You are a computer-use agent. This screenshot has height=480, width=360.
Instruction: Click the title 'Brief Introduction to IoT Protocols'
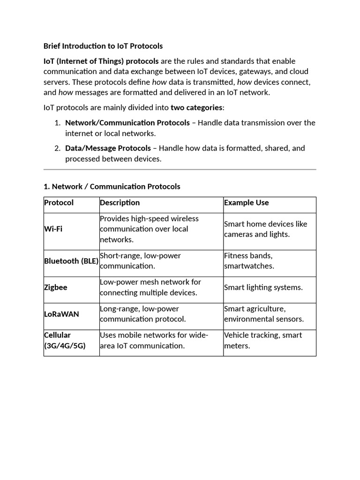[x=103, y=46]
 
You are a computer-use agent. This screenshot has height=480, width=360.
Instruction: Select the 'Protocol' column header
[x=59, y=202]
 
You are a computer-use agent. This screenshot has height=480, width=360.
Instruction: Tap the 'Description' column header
[x=120, y=202]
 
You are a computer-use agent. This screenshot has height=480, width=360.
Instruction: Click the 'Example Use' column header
[x=247, y=202]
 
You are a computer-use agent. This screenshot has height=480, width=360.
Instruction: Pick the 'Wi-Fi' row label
[x=53, y=229]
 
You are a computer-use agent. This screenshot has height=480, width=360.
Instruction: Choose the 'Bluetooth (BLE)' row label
[x=71, y=261]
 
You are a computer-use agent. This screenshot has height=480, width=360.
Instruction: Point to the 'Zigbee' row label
[x=56, y=287]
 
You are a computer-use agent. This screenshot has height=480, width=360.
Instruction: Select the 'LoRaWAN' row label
[x=61, y=314]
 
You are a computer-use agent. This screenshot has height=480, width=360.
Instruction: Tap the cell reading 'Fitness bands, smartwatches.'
[x=249, y=261]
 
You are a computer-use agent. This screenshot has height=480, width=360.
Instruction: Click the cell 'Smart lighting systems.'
[x=263, y=287]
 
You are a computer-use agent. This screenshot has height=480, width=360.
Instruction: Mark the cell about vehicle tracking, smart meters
[x=263, y=340]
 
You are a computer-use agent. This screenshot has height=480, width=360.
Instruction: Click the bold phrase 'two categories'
[x=196, y=107]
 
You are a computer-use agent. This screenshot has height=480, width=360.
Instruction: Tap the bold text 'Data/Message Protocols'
[x=108, y=148]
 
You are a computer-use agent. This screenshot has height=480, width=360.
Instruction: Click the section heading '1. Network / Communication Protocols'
[x=112, y=187]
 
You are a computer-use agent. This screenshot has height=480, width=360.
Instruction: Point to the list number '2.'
[x=57, y=148]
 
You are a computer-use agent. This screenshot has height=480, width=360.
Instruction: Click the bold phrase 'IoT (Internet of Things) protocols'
[x=101, y=61]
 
